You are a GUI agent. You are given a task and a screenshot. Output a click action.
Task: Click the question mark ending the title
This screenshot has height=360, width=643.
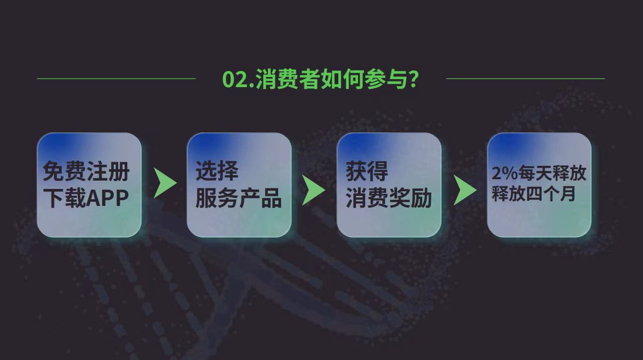413,79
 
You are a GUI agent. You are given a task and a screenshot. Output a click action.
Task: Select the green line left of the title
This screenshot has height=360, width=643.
117,79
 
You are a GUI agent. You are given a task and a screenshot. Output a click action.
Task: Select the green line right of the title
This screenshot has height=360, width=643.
525,79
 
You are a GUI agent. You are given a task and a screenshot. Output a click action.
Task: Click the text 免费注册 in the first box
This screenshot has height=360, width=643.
86,171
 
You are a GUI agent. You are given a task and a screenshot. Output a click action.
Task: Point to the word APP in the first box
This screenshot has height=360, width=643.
107,198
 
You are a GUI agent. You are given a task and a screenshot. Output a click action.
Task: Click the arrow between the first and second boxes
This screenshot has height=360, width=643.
166,183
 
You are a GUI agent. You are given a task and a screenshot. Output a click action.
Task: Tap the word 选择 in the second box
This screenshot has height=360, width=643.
217,171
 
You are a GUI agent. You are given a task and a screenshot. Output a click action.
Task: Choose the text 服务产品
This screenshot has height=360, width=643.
238,198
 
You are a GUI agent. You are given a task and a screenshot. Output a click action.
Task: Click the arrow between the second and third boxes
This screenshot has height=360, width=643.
314,190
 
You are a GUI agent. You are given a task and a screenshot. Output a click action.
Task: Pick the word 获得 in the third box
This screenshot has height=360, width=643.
367,171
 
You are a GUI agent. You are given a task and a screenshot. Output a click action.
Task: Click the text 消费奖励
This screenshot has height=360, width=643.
389,198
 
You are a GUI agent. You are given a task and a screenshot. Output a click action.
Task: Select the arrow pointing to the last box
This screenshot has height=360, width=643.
465,190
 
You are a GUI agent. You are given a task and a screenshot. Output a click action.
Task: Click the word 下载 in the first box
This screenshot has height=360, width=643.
64,198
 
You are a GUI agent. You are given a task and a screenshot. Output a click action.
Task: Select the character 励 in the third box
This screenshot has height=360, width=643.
421,198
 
